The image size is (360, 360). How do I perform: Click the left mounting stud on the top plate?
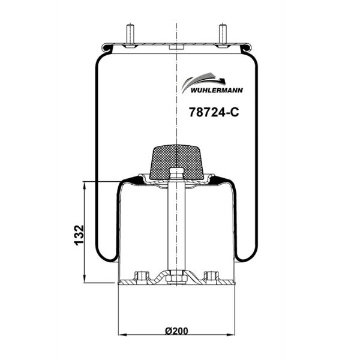coord(130,35)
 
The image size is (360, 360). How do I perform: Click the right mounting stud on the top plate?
coord(223,35)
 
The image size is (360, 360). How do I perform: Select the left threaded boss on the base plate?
coord(142,276)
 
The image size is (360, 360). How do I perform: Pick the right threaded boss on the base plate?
coord(210,276)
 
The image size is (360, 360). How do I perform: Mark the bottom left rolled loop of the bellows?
coord(107,255)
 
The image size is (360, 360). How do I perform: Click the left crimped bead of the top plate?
coord(105,46)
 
